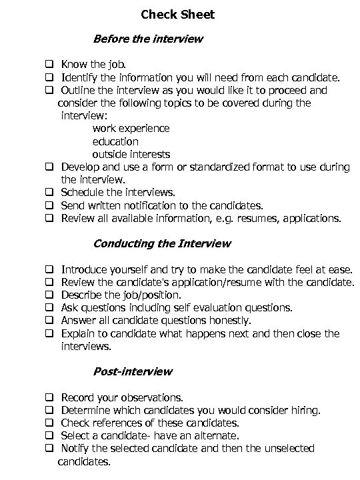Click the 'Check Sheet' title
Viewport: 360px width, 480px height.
(178, 14)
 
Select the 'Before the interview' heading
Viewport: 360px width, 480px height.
(148, 39)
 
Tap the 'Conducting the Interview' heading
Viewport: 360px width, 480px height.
(162, 243)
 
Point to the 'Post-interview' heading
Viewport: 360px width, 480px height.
(133, 371)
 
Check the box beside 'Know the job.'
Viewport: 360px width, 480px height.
(49, 65)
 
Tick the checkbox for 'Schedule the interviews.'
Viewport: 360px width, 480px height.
(49, 193)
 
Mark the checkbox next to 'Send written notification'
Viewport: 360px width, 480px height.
(49, 205)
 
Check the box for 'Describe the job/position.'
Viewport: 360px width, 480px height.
(49, 295)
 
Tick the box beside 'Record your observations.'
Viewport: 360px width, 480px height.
(49, 397)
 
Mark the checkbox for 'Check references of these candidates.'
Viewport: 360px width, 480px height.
(49, 423)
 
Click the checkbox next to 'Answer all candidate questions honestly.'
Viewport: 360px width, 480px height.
(49, 320)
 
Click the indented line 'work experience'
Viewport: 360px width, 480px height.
(131, 129)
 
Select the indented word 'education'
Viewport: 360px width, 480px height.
(115, 141)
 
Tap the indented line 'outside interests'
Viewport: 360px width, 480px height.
(131, 154)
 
